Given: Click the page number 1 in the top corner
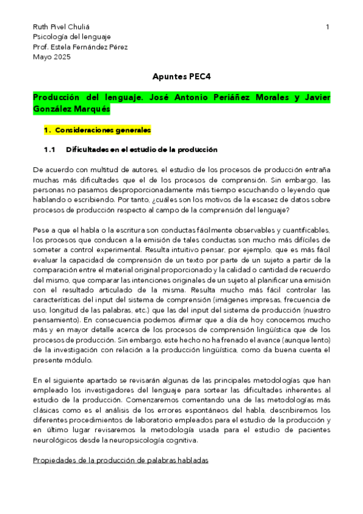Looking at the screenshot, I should click(x=327, y=27).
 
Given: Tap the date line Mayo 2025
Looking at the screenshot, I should click(x=52, y=57).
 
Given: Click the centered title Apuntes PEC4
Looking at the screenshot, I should click(x=181, y=78).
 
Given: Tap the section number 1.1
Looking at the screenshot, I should click(x=50, y=150).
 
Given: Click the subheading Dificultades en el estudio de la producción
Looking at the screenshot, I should click(x=142, y=150).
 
